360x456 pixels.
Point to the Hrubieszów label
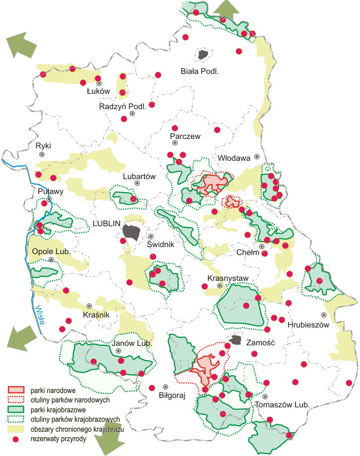click(308, 325)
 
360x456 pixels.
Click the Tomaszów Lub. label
click(282, 405)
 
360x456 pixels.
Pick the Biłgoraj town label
click(171, 396)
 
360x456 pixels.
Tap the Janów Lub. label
click(125, 343)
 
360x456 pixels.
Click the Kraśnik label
click(96, 315)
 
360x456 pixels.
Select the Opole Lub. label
click(51, 252)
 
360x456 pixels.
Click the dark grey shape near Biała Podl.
click(202, 55)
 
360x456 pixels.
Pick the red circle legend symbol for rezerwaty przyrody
click(16, 439)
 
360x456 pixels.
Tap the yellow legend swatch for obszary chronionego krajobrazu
click(16, 429)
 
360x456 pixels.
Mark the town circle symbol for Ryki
click(42, 154)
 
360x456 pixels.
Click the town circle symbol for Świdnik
click(151, 237)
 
